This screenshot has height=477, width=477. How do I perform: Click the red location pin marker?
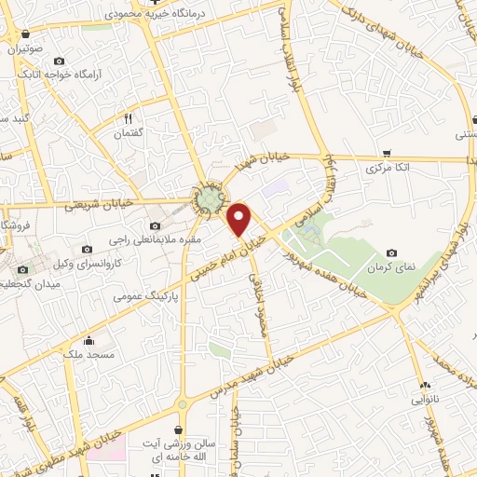[x=240, y=219]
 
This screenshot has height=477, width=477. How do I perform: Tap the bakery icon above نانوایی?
[x=426, y=384]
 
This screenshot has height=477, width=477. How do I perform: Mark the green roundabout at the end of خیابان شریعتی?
[x=209, y=198]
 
